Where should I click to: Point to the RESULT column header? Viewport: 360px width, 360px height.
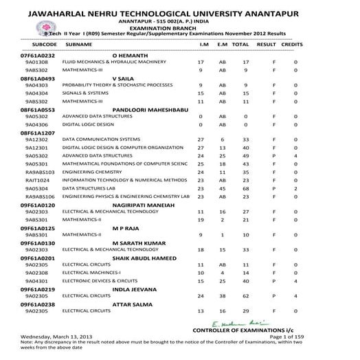click(266, 44)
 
